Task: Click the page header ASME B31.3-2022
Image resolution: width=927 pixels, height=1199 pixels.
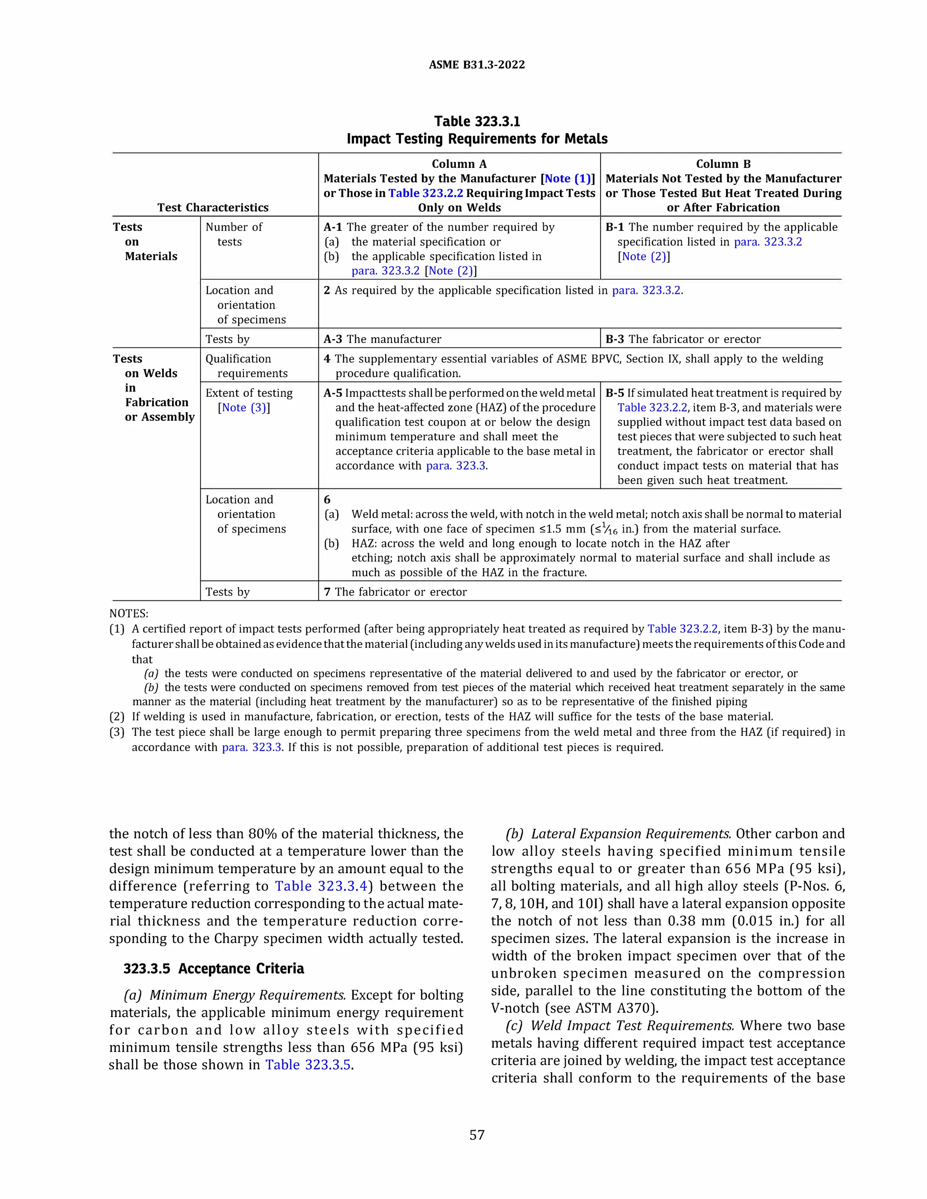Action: point(476,65)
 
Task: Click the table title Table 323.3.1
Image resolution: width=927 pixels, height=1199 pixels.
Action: point(477,121)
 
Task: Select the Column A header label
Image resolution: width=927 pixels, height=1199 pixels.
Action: point(459,164)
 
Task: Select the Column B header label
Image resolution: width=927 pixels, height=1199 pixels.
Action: point(723,164)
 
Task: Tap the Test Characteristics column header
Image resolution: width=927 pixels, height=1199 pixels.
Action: point(213,208)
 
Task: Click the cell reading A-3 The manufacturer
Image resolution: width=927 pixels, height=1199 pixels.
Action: point(383,339)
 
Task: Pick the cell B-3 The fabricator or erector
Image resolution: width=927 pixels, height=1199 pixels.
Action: point(683,339)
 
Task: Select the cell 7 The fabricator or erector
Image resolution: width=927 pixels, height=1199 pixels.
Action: point(396,592)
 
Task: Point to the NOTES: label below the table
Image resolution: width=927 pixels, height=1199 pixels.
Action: point(129,613)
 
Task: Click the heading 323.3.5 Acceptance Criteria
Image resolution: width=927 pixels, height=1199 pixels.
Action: point(214,968)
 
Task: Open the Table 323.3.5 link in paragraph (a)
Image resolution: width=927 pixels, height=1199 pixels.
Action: point(308,1065)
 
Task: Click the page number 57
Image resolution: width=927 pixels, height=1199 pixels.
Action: point(477,1135)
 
